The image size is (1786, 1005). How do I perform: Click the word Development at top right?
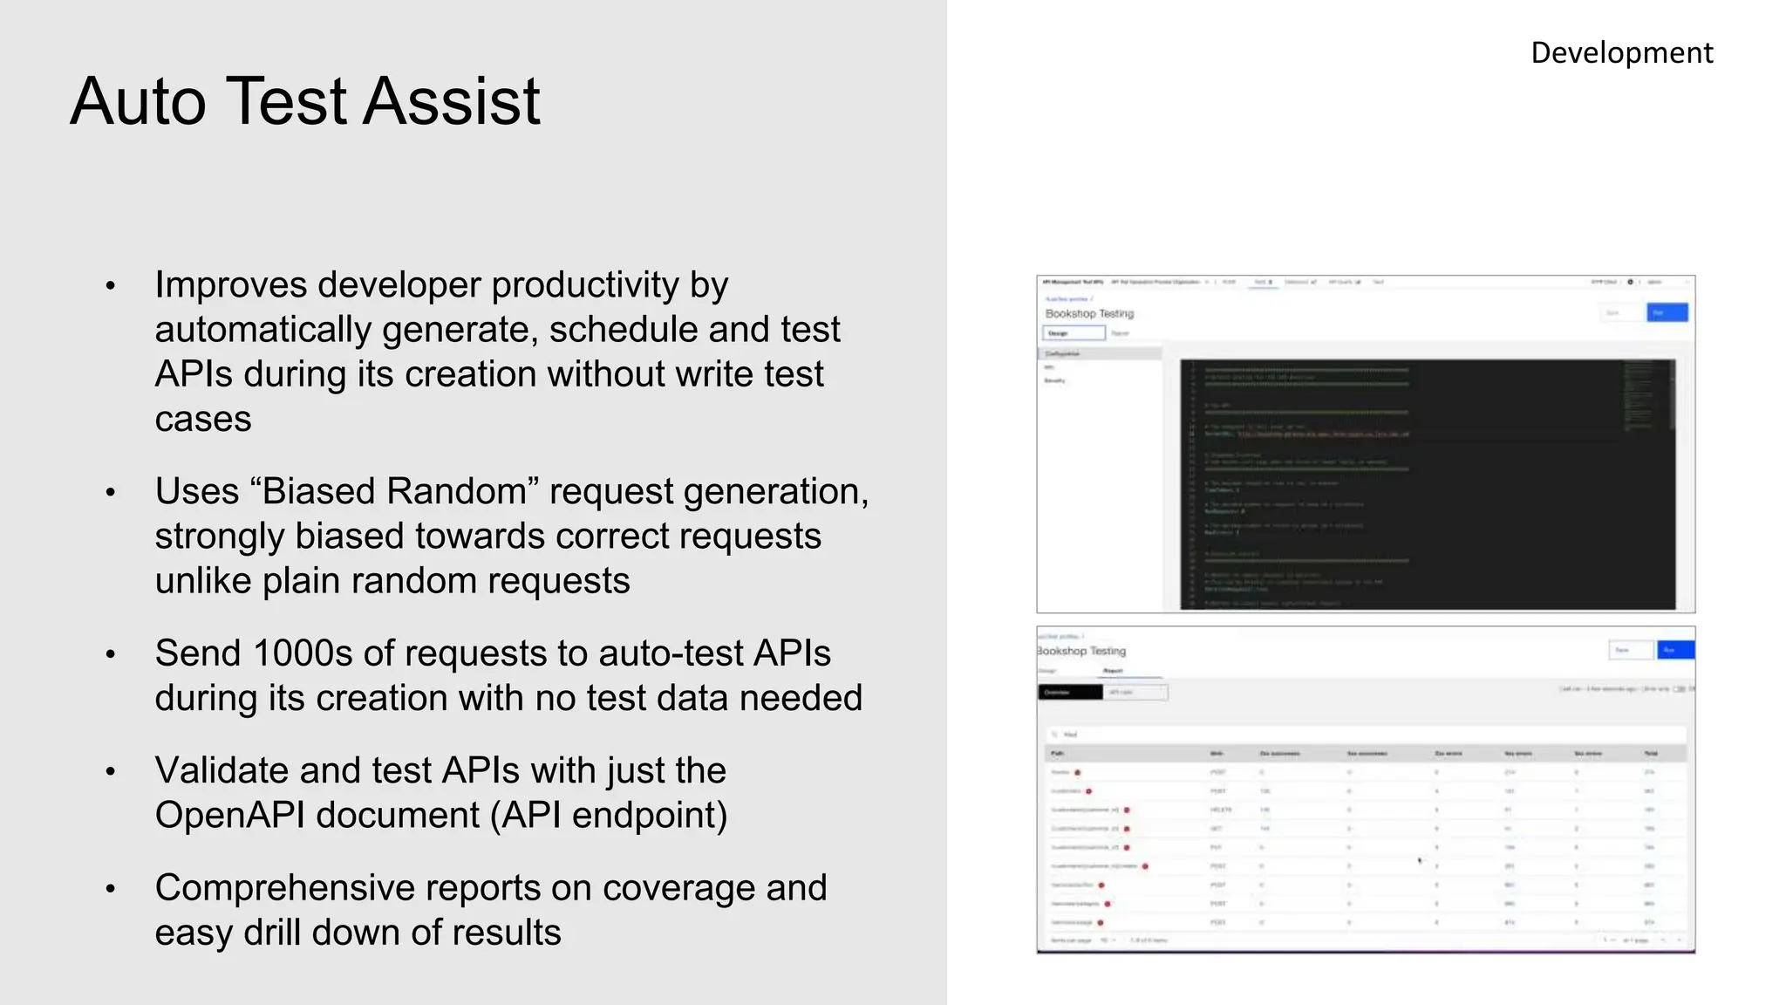click(x=1621, y=53)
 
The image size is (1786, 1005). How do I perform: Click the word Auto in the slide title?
click(x=138, y=101)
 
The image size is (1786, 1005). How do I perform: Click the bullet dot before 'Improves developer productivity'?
click(x=111, y=286)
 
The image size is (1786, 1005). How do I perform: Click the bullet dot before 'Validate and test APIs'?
click(x=111, y=772)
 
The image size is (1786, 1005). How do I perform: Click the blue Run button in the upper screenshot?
click(x=1667, y=312)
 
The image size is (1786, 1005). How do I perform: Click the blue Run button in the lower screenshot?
click(x=1674, y=650)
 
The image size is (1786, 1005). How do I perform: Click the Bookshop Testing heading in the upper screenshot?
click(x=1089, y=313)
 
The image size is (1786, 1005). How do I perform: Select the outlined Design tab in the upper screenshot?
click(x=1074, y=333)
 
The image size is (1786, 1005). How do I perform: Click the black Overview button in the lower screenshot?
click(x=1069, y=693)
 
